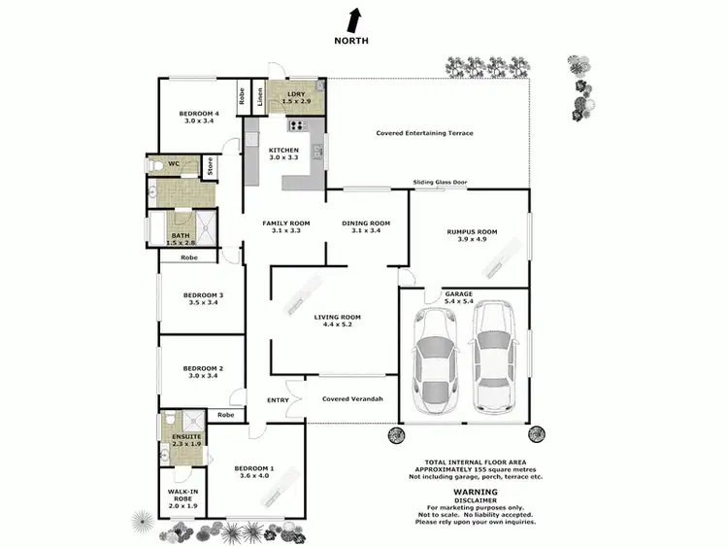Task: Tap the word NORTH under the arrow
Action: tap(351, 41)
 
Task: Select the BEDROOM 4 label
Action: tap(199, 119)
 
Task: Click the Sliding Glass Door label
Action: tap(440, 182)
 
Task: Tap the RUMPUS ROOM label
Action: tap(472, 236)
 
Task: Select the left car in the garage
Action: tap(434, 357)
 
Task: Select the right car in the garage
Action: tap(492, 356)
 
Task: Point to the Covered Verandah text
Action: tap(352, 399)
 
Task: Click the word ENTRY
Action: tap(279, 399)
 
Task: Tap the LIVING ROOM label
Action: tap(337, 322)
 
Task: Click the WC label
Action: tap(174, 163)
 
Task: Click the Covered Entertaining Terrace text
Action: tap(425, 133)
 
